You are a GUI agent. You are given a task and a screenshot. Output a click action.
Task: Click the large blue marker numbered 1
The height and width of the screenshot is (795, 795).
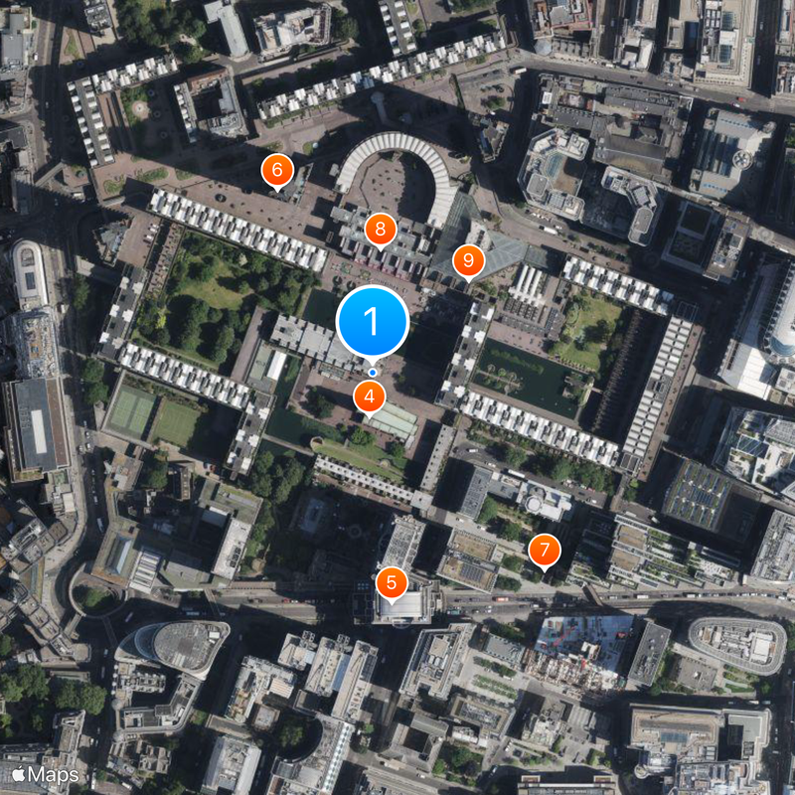373,322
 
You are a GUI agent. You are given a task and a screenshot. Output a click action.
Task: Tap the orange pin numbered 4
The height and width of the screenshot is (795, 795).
370,397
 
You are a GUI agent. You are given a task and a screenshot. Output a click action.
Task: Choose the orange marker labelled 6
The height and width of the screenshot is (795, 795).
277,170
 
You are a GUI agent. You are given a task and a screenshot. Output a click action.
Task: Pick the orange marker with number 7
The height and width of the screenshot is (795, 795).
544,550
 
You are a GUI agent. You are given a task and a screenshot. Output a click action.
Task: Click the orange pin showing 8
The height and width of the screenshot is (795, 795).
380,230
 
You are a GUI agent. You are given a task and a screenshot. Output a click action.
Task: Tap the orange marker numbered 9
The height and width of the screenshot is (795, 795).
468,261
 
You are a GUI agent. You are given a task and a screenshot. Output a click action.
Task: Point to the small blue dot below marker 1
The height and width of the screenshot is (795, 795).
373,373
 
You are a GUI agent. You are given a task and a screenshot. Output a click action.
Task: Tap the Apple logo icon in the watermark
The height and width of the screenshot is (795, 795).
18,773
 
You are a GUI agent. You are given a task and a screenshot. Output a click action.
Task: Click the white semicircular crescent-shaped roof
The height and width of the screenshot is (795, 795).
397,159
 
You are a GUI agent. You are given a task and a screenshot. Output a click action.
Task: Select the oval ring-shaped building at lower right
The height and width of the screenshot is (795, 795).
736,644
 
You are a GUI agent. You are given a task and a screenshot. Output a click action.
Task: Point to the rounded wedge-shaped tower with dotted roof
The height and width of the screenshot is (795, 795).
175,646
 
